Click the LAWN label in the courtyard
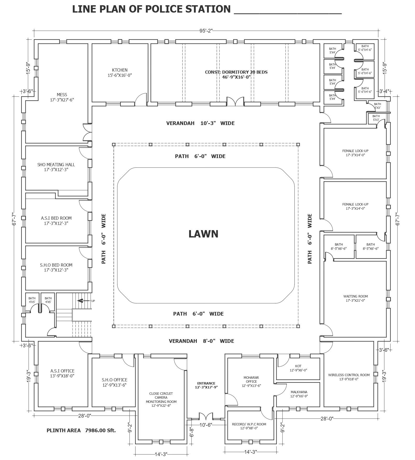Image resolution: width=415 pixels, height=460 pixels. point(203,234)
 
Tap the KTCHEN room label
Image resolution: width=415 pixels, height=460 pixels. point(120,73)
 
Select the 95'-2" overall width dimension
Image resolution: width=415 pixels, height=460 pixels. point(206,31)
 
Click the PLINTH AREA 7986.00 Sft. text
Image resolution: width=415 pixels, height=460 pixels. point(81,430)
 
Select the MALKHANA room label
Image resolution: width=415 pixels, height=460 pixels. point(299,394)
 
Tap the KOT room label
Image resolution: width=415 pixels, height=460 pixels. point(298,368)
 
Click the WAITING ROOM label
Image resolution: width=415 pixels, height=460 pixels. point(356,298)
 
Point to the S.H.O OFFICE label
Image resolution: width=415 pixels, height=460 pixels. point(114,382)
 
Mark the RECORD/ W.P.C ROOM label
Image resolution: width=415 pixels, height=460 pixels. point(249,426)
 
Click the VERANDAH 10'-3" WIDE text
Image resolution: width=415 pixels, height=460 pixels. point(200,123)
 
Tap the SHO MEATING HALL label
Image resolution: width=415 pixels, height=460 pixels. point(56,167)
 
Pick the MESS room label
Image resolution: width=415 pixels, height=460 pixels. point(62,97)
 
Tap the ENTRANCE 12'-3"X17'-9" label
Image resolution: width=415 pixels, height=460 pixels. point(206,385)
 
